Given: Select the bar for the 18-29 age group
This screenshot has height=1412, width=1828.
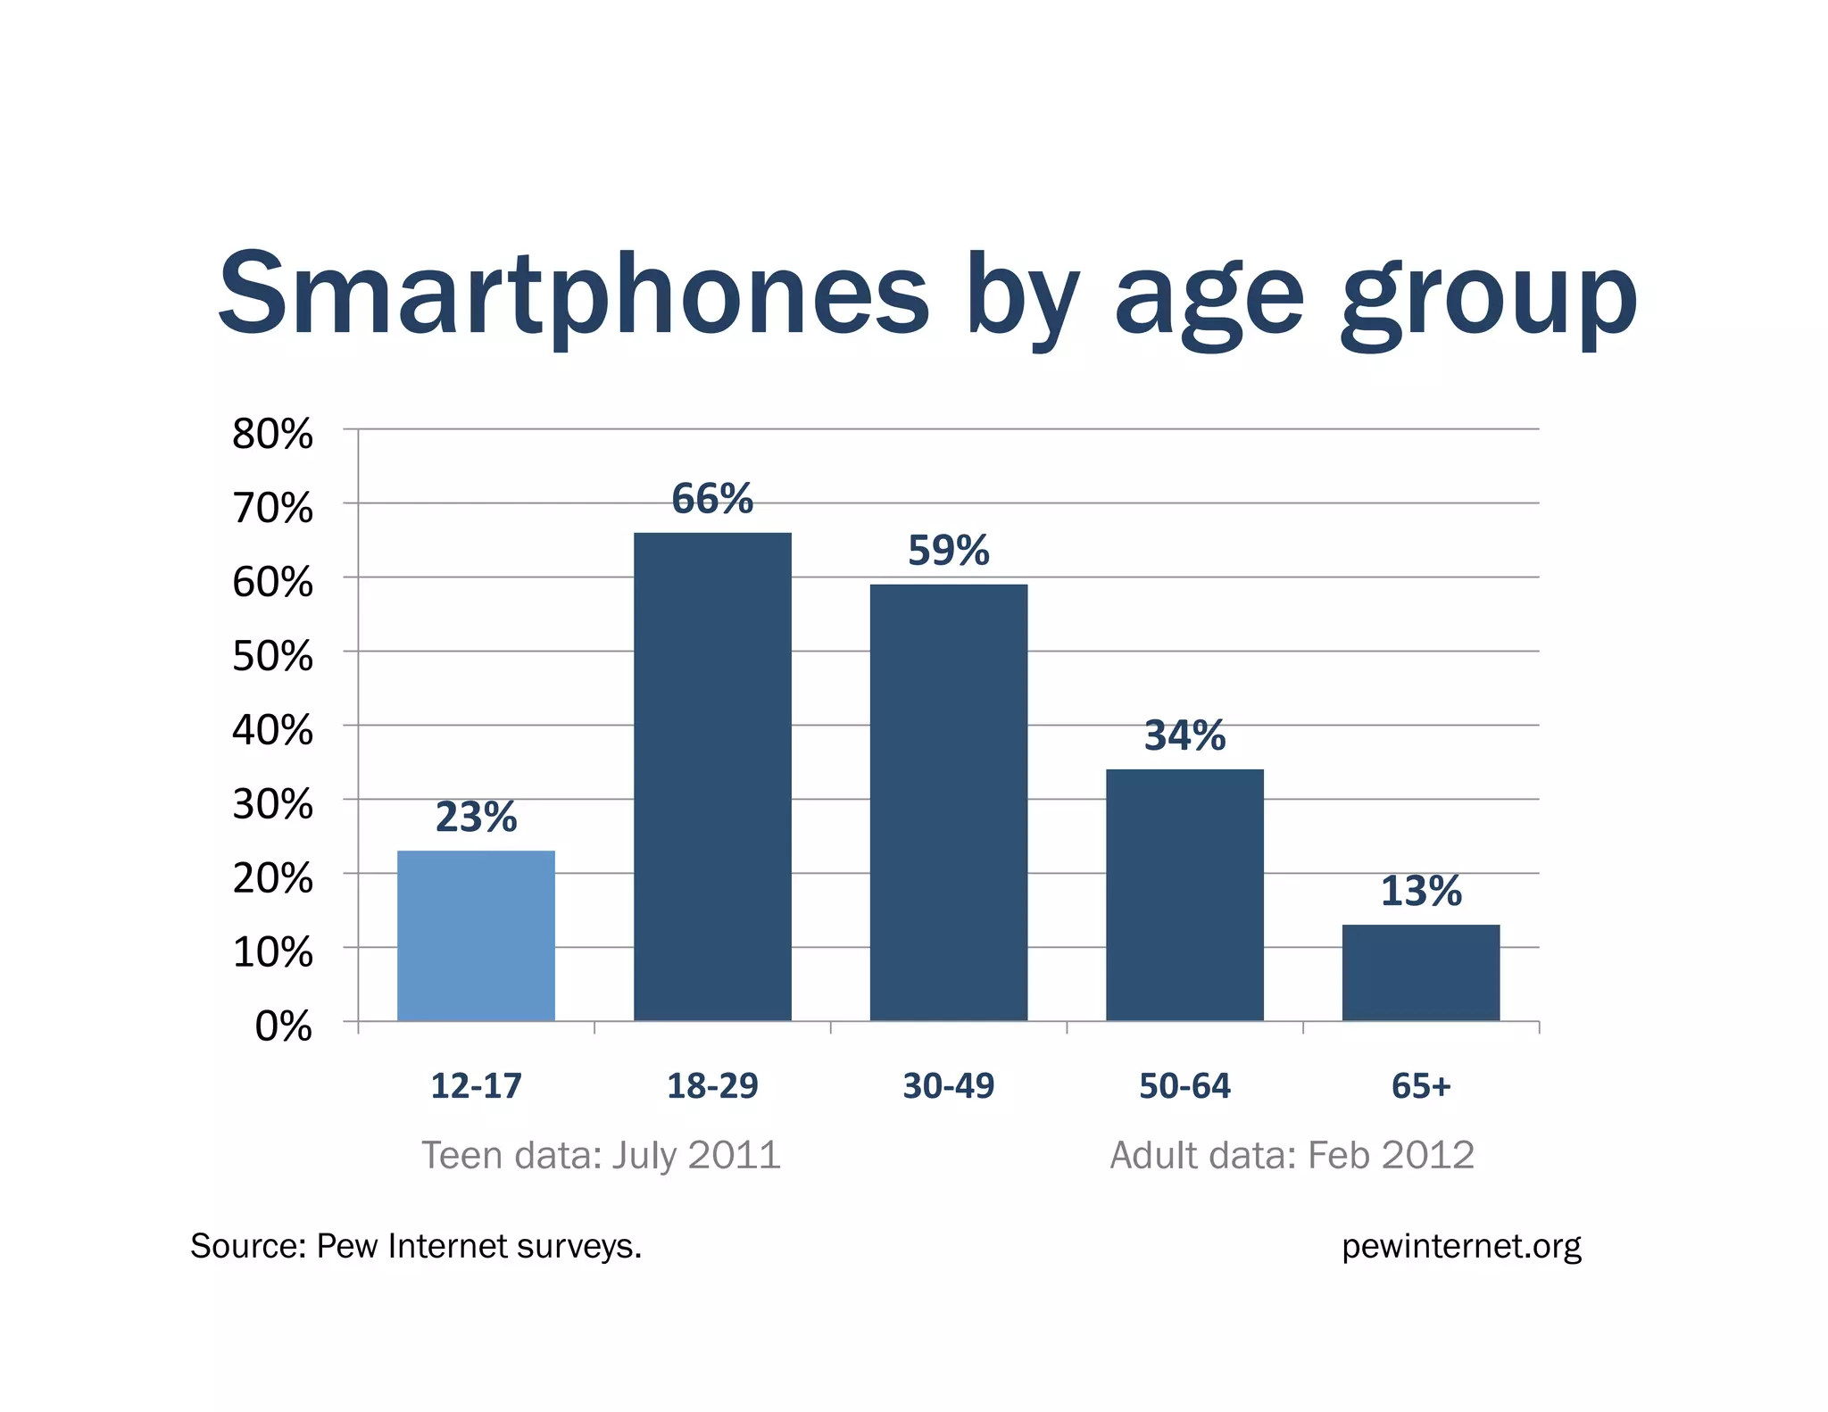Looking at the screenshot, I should tap(712, 777).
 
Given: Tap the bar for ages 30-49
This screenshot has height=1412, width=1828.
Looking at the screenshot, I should tap(948, 802).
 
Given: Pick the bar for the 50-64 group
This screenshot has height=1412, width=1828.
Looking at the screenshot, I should tap(1184, 894).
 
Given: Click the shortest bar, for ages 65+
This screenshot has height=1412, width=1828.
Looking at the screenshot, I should tap(1420, 972).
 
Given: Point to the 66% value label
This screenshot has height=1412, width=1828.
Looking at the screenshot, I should tap(712, 498).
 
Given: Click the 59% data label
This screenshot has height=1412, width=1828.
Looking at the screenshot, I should tap(948, 550).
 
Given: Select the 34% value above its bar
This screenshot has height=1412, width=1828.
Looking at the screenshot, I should tap(1184, 735).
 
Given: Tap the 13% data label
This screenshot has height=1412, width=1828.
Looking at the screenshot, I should tap(1421, 891).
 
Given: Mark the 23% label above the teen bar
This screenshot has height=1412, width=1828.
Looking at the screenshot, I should tap(476, 817).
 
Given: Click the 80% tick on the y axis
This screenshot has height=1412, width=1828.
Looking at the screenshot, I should tap(272, 435).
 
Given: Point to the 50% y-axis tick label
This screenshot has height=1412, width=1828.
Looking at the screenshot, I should tap(272, 657).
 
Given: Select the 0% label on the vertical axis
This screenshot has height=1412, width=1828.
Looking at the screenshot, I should tap(283, 1026).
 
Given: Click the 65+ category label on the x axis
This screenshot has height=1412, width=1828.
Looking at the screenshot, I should tap(1421, 1085).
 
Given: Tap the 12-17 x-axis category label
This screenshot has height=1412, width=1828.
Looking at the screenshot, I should tap(476, 1085).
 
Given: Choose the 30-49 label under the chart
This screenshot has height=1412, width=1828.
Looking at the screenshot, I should tap(948, 1085).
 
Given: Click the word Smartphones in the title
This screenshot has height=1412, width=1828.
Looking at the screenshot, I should tap(574, 295).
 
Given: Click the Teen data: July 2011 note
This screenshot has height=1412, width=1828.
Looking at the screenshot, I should tap(601, 1155).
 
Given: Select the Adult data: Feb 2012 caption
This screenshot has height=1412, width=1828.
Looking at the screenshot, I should tap(1292, 1155).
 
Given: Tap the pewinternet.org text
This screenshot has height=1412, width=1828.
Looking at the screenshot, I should tap(1461, 1246).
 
